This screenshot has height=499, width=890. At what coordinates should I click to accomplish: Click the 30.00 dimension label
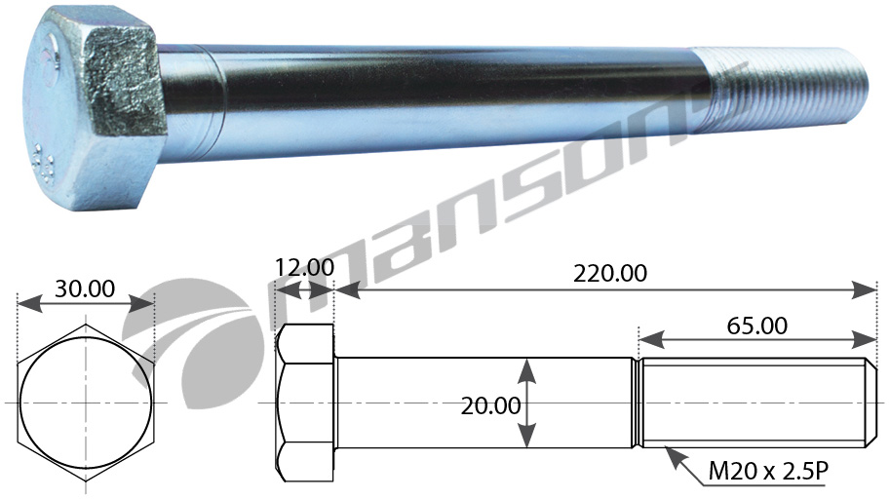[x=85, y=288]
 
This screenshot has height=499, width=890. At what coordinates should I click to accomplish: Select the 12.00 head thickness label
[x=304, y=266]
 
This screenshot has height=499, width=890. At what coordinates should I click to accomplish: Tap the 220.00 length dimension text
[x=609, y=274]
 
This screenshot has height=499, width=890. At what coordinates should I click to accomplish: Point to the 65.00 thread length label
[x=757, y=326]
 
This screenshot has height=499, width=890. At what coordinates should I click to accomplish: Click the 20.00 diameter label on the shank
[x=490, y=405]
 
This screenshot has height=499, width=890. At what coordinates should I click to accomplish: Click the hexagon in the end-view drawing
[x=86, y=403]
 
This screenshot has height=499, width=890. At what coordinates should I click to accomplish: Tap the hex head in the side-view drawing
[x=305, y=403]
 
